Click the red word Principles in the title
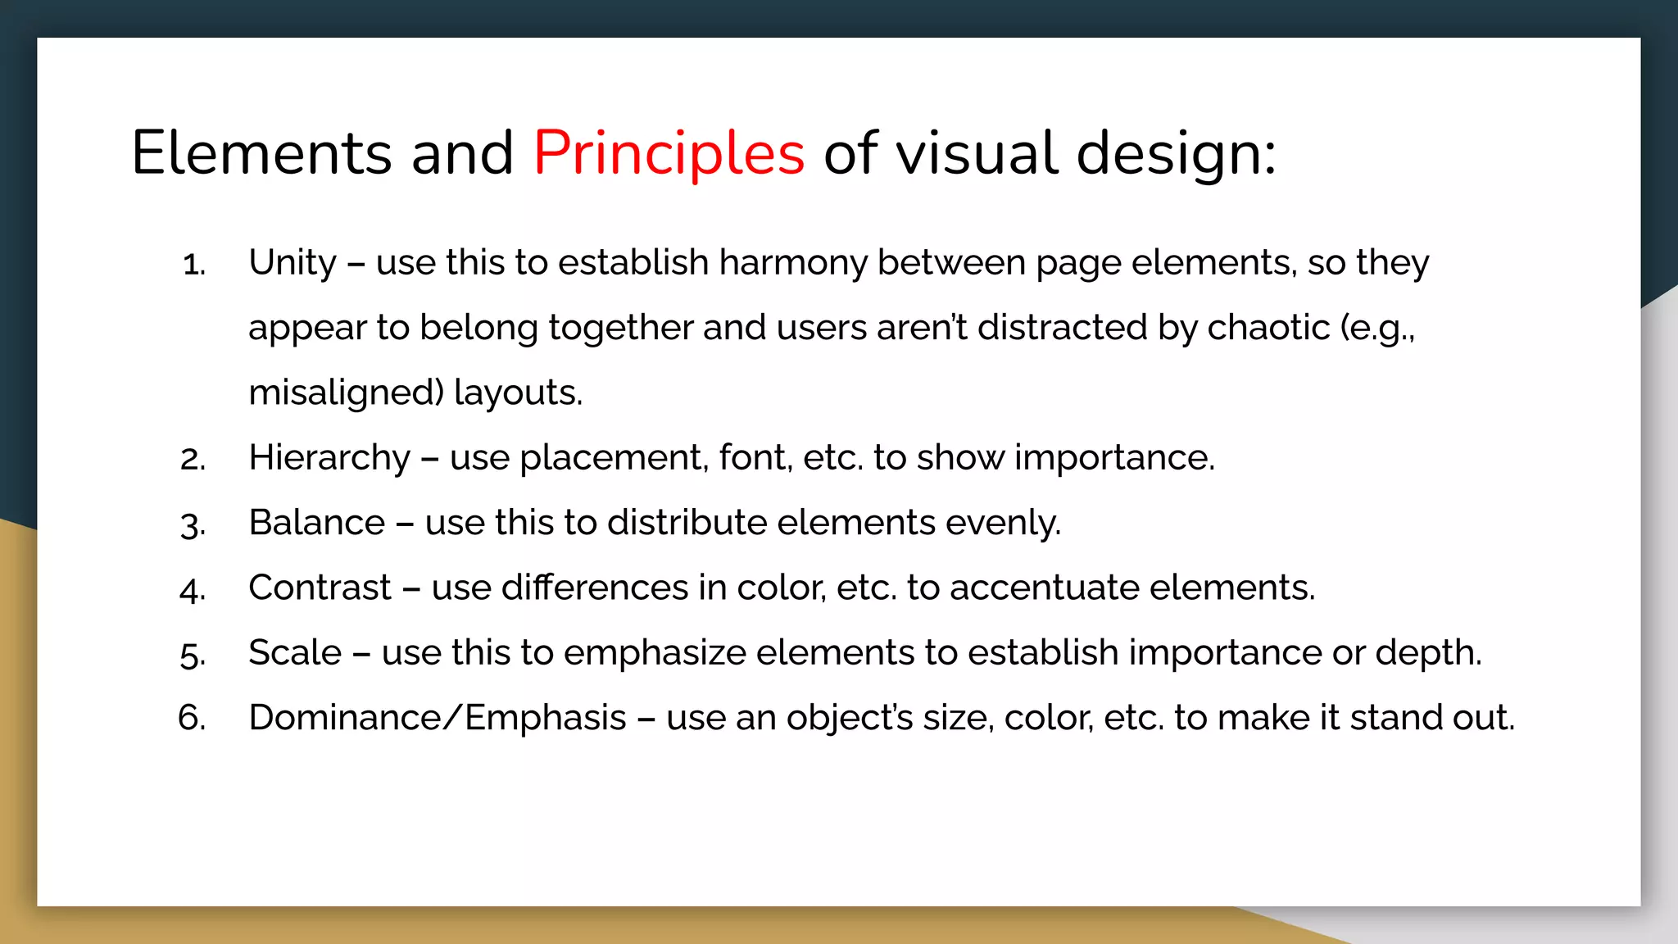tap(669, 153)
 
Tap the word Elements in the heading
tap(261, 153)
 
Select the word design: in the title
tap(1175, 153)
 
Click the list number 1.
tap(193, 265)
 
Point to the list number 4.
tap(193, 590)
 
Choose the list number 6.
tap(192, 719)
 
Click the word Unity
tap(293, 263)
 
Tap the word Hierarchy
tap(329, 458)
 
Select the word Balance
tap(316, 523)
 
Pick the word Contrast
tap(320, 588)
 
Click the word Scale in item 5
tap(295, 653)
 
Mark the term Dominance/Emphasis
tap(438, 718)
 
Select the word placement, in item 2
tap(614, 458)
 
